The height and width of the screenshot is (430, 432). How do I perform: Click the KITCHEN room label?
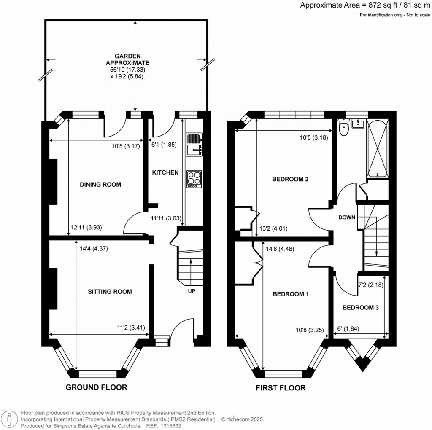click(165, 172)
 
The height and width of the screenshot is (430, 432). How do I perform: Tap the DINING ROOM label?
click(100, 185)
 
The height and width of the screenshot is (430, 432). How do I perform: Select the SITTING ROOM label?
click(110, 292)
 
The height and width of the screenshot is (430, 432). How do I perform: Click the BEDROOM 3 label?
click(360, 308)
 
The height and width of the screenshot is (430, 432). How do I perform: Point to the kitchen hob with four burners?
click(194, 179)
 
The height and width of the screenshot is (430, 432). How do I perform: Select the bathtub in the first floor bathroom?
click(378, 148)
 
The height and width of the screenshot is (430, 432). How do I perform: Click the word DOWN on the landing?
click(347, 218)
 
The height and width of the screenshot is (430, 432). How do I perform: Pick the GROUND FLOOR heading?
click(96, 387)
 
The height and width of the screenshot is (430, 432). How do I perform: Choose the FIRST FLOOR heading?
click(281, 388)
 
